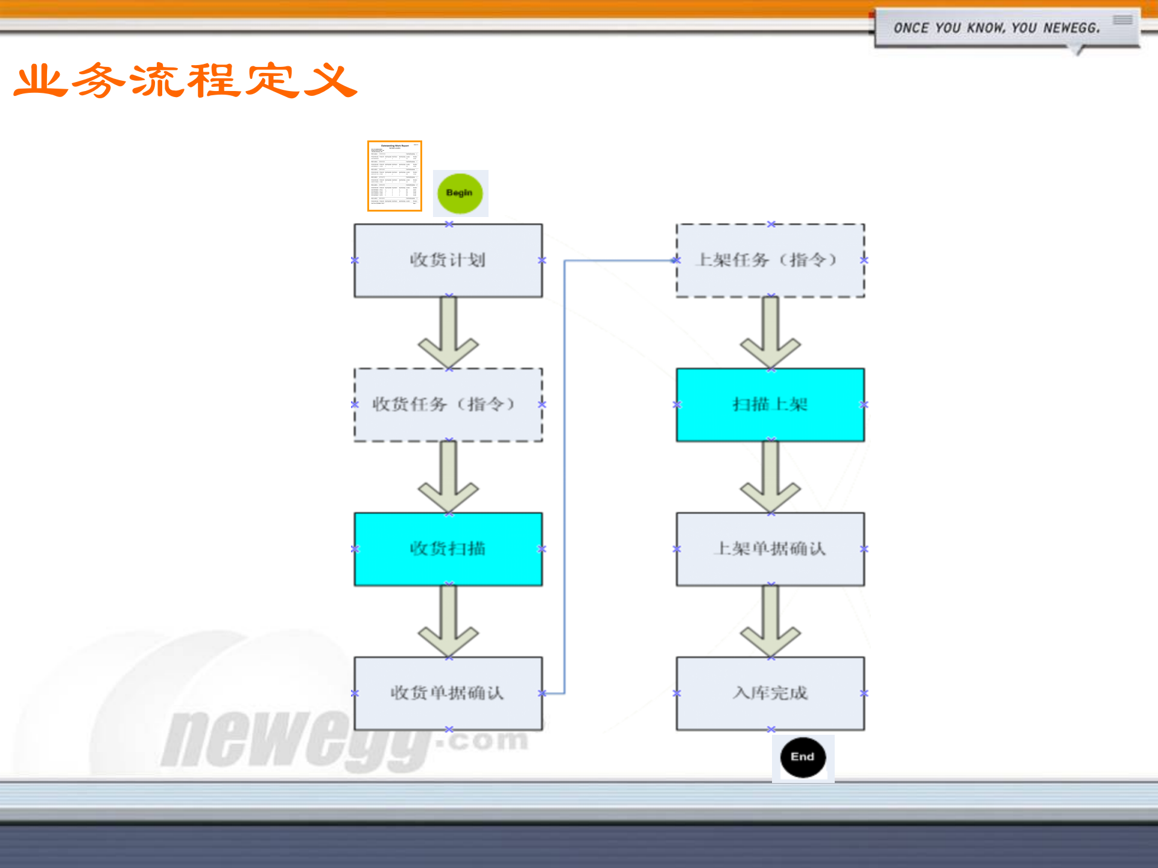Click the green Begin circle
click(460, 193)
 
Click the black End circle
click(803, 757)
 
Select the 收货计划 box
click(448, 260)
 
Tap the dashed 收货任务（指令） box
click(448, 404)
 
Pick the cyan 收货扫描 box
click(448, 549)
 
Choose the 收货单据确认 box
click(448, 693)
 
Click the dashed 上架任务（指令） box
click(770, 260)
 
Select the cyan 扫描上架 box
click(770, 404)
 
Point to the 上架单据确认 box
click(770, 549)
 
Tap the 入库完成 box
click(770, 693)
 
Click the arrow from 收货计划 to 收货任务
click(448, 335)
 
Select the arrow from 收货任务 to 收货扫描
click(448, 479)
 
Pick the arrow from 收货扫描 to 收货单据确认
click(448, 624)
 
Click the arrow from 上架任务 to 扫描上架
click(770, 335)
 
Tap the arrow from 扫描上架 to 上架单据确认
click(770, 479)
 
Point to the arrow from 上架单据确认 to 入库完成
click(770, 624)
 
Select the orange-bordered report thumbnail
click(394, 176)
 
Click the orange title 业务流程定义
click(186, 81)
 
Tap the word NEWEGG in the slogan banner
click(1071, 28)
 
